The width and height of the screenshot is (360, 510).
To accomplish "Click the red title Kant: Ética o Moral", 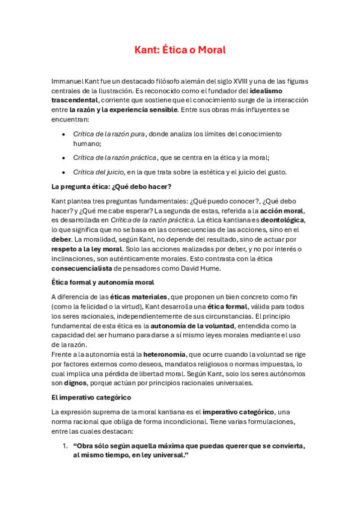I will [x=180, y=50].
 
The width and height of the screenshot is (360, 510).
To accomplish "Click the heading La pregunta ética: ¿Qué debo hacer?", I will [x=111, y=186].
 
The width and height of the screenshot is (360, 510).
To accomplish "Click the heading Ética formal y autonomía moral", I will [x=103, y=282].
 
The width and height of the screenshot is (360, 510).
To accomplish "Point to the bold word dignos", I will [x=76, y=382].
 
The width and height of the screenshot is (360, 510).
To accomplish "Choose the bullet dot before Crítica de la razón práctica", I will [x=64, y=158].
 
